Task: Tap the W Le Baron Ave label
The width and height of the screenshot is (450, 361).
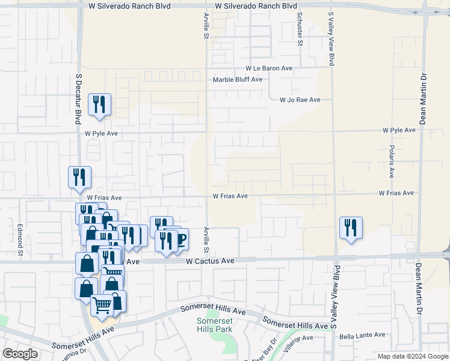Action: coord(268,69)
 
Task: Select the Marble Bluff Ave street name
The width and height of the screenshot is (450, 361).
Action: coord(238,79)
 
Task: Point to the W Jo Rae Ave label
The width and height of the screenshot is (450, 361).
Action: coord(300,100)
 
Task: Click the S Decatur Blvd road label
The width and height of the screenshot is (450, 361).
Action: coord(78,99)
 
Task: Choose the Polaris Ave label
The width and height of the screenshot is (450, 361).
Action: coord(391,161)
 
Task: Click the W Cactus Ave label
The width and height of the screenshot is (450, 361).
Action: coord(210,261)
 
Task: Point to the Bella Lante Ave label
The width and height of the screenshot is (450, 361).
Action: coord(362,335)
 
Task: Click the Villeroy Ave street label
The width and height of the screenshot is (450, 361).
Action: coord(299,340)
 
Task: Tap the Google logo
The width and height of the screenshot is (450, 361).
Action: coord(20,354)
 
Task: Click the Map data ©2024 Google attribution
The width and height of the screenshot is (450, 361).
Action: coord(412,356)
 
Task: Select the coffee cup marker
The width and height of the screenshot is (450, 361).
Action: coord(179,238)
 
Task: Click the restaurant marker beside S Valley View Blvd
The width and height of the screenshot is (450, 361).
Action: coord(351,227)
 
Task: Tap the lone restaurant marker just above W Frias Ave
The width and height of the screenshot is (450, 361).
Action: coord(79,177)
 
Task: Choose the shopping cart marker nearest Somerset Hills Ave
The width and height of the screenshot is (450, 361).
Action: coord(101,306)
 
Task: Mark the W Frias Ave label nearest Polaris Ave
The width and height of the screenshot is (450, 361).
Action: coord(396,193)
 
